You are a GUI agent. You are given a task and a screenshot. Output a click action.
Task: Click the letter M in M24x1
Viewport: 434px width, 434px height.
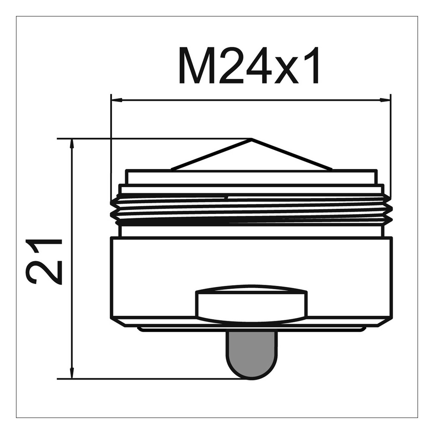tap(197, 65)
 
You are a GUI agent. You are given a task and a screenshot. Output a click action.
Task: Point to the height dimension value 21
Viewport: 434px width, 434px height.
tap(44, 261)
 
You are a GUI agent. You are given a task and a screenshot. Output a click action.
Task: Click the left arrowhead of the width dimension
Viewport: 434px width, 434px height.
tap(117, 100)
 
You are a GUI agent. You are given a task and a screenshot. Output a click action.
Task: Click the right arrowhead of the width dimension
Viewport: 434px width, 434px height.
tap(385, 100)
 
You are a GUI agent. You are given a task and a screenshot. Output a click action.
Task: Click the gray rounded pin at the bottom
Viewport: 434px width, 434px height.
tap(252, 355)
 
